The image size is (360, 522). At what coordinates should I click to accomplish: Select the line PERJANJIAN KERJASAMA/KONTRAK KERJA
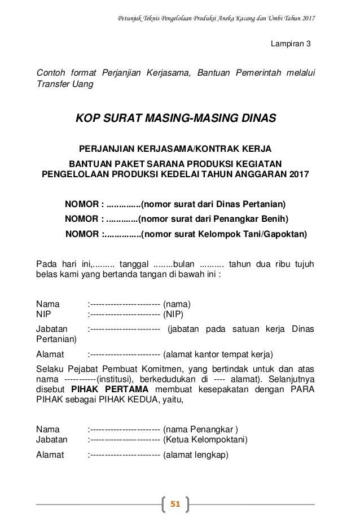pos(175,148)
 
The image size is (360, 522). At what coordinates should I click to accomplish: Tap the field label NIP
pos(43,315)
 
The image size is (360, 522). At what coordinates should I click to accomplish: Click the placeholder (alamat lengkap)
pos(195,454)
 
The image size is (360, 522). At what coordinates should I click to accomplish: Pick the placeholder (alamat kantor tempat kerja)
pos(218,355)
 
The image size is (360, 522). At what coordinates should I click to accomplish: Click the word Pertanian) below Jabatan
pos(56,340)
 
